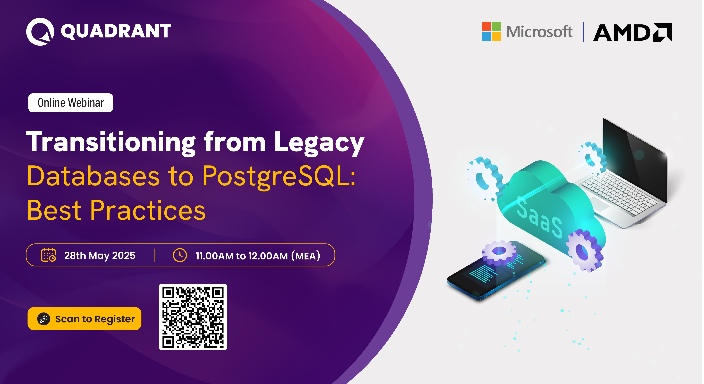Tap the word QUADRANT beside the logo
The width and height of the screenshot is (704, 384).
tap(116, 31)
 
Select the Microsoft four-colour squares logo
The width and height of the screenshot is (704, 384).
tap(491, 31)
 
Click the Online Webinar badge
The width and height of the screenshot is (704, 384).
tap(71, 103)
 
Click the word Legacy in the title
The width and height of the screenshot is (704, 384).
tap(319, 143)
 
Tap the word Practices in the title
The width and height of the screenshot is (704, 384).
tap(148, 210)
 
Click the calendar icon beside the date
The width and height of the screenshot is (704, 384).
tap(48, 255)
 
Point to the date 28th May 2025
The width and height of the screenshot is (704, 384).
tap(100, 255)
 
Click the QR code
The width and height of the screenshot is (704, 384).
tap(193, 317)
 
